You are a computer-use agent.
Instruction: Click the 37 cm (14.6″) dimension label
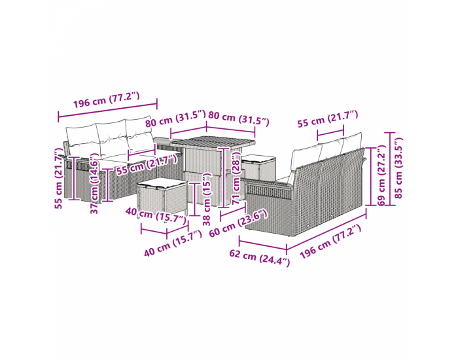[95, 183]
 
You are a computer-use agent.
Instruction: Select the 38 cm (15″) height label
[207, 199]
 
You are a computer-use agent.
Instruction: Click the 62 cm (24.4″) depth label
[259, 257]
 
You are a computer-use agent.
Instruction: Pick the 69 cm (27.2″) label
[381, 175]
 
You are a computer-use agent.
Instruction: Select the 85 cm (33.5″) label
[398, 168]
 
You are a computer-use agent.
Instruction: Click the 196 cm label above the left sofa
[106, 99]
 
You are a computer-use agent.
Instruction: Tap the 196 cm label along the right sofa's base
[330, 241]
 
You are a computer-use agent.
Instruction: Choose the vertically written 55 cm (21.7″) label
[59, 178]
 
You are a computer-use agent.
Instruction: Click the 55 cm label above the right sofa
[327, 118]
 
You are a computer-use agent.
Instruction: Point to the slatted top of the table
[213, 142]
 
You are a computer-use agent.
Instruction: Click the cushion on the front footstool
[162, 183]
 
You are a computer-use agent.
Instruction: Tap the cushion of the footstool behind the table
[259, 158]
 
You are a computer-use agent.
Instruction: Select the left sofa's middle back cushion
[111, 138]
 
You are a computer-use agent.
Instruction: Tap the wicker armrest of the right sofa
[269, 189]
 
